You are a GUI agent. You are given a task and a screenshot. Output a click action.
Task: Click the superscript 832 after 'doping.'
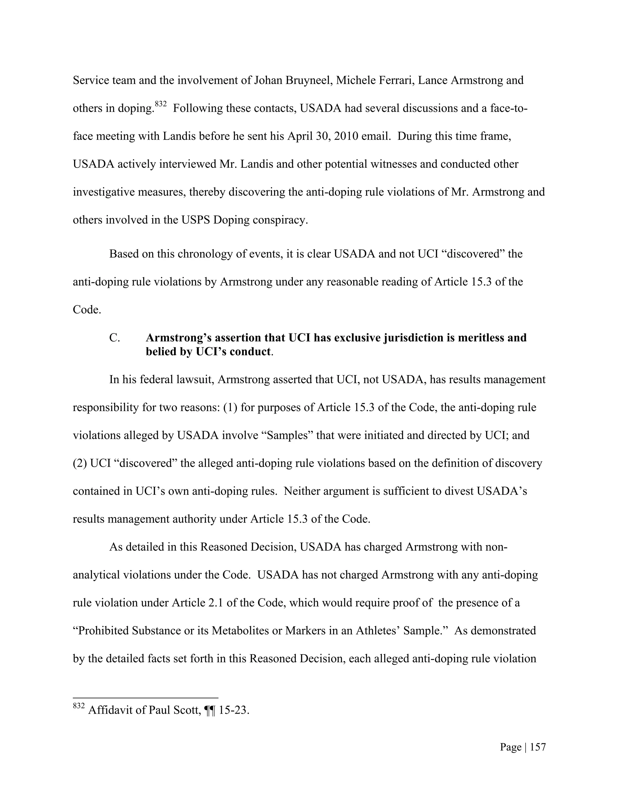tap(160, 104)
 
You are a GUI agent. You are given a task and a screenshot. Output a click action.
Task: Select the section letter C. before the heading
tap(115, 338)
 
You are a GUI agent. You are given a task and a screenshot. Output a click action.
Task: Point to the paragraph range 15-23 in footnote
tap(234, 710)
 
